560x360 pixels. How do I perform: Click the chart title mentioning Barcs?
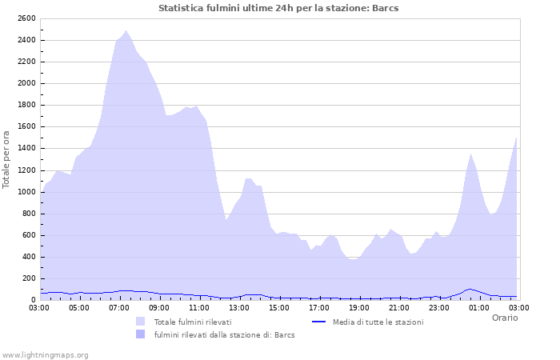[278, 8]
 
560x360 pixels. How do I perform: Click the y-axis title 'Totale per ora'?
[7, 158]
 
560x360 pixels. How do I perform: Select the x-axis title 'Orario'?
[504, 318]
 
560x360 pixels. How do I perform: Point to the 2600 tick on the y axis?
[26, 18]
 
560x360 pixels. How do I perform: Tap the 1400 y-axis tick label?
[26, 148]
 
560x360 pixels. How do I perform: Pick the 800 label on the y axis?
[29, 214]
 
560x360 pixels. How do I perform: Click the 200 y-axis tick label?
[29, 278]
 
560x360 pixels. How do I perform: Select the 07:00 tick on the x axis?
[119, 306]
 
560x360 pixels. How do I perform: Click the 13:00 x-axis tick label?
[239, 306]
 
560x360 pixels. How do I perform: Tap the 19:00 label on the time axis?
[359, 306]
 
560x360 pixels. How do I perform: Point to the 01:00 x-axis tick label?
[479, 306]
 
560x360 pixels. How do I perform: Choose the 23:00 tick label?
[439, 306]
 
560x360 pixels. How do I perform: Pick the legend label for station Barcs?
[224, 334]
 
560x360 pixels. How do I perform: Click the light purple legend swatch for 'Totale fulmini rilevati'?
[141, 322]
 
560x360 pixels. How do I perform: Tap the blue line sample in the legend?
[319, 322]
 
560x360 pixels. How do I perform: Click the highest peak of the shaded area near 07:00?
[126, 31]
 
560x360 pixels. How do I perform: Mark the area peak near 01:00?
[471, 154]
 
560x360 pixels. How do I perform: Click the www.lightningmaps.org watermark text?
[45, 354]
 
